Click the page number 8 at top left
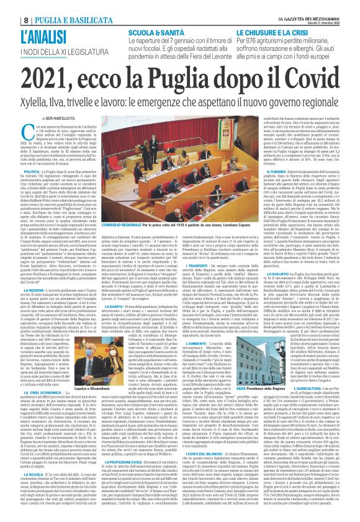tap(9, 6)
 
